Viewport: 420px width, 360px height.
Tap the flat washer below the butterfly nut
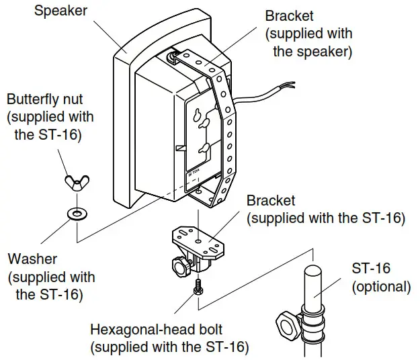pyautogui.click(x=76, y=214)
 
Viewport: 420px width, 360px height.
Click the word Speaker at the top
pyautogui.click(x=60, y=11)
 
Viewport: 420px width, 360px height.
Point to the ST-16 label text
pyautogui.click(x=370, y=268)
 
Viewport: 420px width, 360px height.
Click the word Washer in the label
pyautogui.click(x=32, y=259)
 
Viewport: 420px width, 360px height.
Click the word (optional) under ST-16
pyautogui.click(x=381, y=287)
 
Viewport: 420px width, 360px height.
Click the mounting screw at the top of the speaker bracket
pyautogui.click(x=176, y=56)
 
